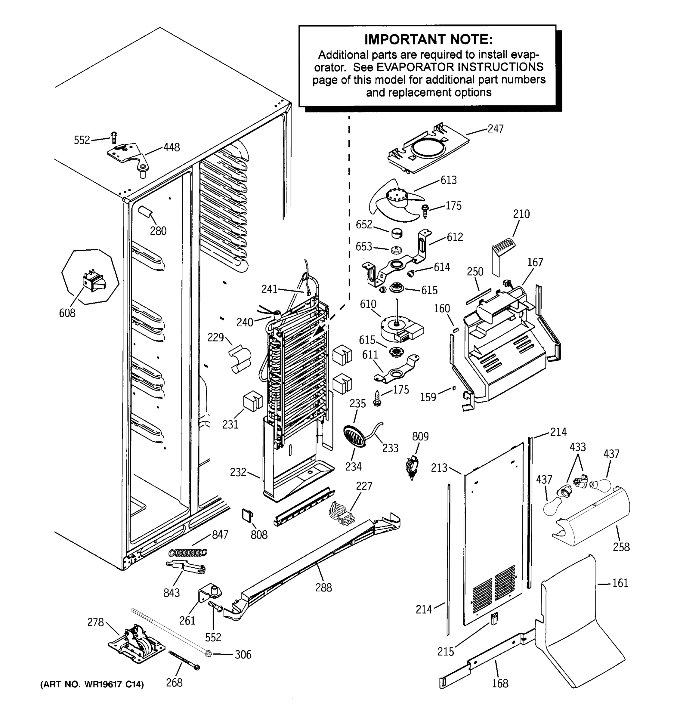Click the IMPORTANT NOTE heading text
[428, 39]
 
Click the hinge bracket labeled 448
[125, 154]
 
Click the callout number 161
[620, 583]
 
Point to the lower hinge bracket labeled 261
[210, 594]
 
